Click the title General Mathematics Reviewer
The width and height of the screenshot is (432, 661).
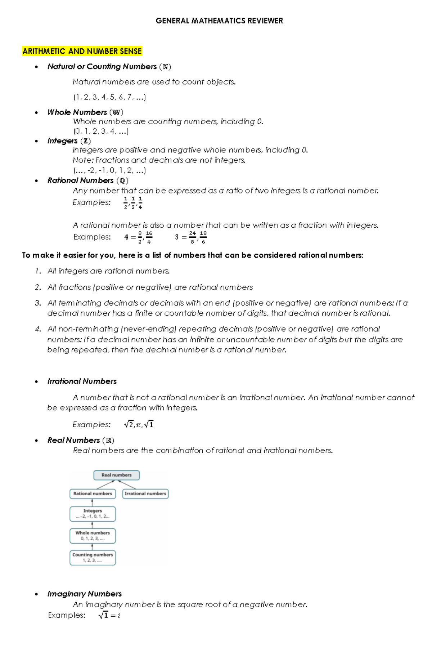click(x=219, y=21)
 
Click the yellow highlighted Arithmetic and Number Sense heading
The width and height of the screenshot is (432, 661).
click(x=82, y=51)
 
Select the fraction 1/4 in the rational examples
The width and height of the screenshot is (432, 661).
click(x=140, y=203)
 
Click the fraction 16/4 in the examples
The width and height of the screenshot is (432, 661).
click(x=149, y=237)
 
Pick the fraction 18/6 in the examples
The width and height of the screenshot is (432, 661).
click(x=203, y=237)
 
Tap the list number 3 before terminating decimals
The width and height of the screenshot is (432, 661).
click(x=38, y=303)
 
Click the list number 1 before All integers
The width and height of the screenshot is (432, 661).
click(x=38, y=271)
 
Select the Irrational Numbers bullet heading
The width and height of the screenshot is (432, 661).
click(x=82, y=381)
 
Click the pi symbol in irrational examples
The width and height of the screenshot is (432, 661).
click(x=138, y=425)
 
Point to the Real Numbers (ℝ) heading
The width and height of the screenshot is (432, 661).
click(x=81, y=440)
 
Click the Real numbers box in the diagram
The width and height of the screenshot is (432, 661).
click(x=116, y=475)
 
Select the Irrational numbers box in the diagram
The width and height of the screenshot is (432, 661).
click(x=145, y=493)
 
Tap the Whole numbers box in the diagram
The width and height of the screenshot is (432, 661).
click(x=93, y=536)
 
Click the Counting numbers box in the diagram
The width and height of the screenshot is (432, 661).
click(x=93, y=558)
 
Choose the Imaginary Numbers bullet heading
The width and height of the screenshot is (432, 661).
click(x=85, y=594)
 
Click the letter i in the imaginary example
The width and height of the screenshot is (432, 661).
click(x=119, y=616)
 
